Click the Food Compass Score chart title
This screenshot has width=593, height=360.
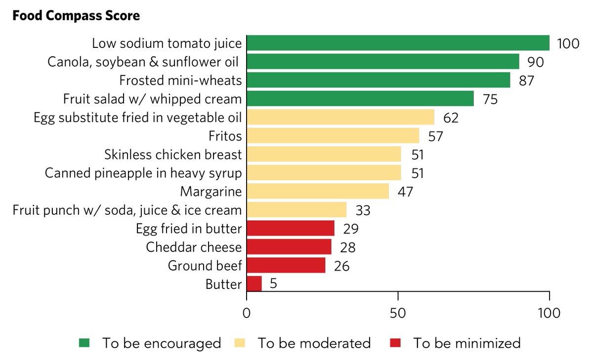coord(76,16)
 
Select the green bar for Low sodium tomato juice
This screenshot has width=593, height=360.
coord(398,43)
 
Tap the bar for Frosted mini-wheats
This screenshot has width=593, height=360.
coord(378,80)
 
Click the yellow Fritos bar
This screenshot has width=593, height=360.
coord(333,135)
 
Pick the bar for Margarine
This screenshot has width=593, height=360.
coord(317,191)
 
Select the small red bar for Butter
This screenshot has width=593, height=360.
coord(254,284)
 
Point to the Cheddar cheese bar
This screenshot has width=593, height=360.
coord(289,247)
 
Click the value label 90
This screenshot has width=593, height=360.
coord(536,62)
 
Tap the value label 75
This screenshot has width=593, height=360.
coord(490,99)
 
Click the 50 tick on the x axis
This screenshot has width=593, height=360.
coord(398,313)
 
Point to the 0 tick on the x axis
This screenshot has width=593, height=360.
coord(246,313)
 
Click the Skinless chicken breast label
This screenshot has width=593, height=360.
coord(173,155)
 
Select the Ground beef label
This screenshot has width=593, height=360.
coord(205,266)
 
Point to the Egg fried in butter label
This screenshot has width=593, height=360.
coord(189,229)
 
